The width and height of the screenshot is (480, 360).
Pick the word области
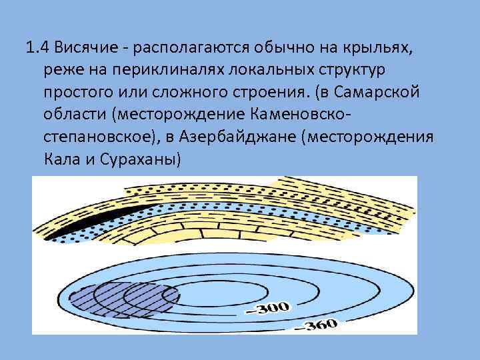(x=74, y=115)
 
